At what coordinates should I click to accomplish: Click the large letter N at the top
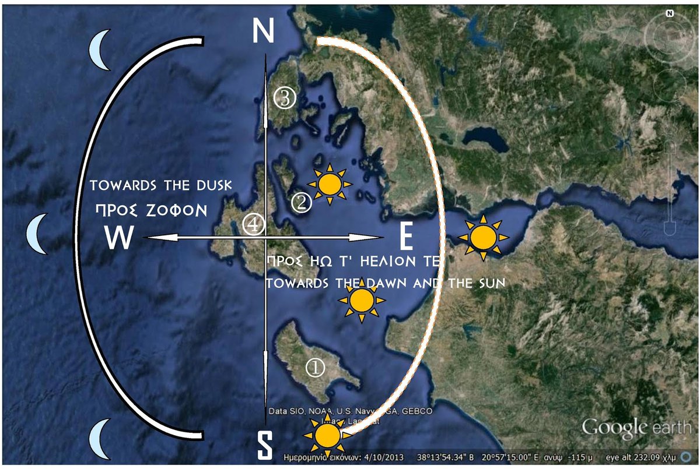(263, 30)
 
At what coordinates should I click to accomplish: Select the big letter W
(120, 238)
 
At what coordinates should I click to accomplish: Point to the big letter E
(406, 237)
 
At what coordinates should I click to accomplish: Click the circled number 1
(315, 367)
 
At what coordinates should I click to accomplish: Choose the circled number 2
(302, 202)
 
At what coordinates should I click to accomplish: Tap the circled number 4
(254, 224)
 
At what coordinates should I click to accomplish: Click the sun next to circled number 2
(330, 184)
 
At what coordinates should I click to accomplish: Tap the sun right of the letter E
(483, 237)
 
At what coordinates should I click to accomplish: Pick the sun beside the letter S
(327, 435)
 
